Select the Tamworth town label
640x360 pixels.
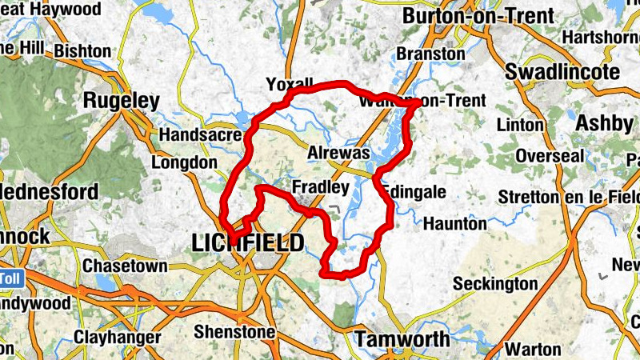pyautogui.click(x=402, y=339)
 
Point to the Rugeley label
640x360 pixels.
pyautogui.click(x=122, y=102)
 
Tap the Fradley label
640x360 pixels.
pyautogui.click(x=321, y=189)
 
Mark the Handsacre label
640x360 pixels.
pyautogui.click(x=200, y=135)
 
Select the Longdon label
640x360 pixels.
pyautogui.click(x=184, y=162)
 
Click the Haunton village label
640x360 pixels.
pyautogui.click(x=454, y=223)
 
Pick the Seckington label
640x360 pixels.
pyautogui.click(x=495, y=284)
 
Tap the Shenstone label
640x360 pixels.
pyautogui.click(x=235, y=332)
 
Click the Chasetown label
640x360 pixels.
pyautogui.click(x=126, y=266)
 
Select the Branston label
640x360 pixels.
pyautogui.click(x=431, y=54)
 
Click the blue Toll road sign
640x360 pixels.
pyautogui.click(x=10, y=278)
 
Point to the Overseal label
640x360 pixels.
pyautogui.click(x=550, y=156)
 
